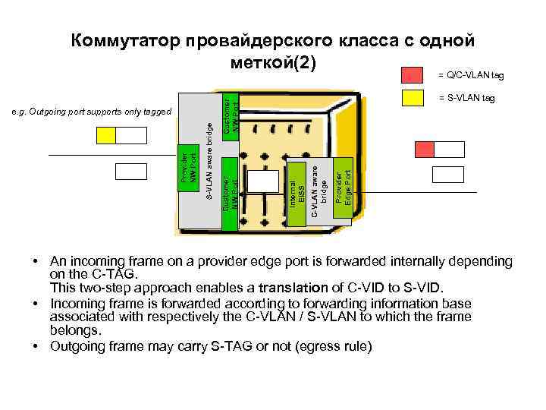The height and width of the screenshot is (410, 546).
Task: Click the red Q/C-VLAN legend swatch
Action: pos(412,74)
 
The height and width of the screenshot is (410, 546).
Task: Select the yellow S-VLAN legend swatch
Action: pos(412,97)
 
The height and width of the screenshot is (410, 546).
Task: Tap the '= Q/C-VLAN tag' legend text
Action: pos(470,75)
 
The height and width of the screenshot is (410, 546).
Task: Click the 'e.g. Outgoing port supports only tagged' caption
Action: pos(93,112)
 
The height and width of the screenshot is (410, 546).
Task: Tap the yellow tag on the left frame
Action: pos(105,135)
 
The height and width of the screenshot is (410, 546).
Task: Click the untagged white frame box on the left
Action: pos(131,172)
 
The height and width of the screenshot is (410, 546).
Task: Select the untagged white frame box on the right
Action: pos(447,175)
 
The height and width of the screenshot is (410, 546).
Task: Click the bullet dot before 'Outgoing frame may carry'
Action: pos(36,346)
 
